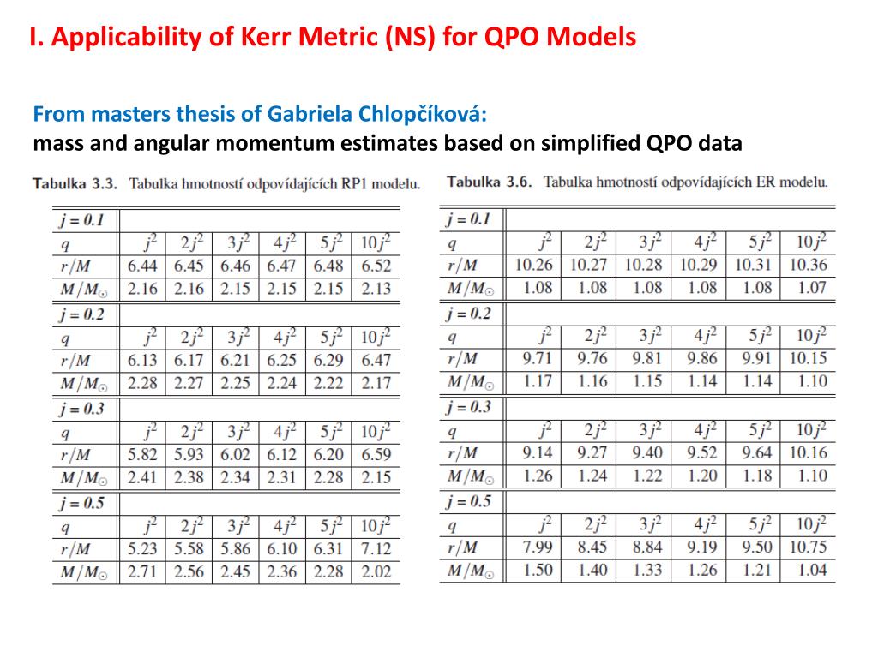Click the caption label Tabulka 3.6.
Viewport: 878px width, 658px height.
490,182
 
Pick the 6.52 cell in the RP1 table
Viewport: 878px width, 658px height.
376,266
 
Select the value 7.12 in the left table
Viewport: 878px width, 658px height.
376,549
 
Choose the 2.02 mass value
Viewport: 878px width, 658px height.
376,571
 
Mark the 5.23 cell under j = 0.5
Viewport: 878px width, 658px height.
142,549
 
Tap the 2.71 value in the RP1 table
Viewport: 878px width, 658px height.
142,571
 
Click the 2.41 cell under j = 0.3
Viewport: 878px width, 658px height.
142,477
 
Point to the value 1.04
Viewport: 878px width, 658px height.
812,570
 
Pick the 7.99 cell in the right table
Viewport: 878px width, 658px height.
537,547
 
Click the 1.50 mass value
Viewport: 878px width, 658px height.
537,570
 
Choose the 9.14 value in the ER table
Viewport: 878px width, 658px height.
537,452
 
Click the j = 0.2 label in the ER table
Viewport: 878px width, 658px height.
468,314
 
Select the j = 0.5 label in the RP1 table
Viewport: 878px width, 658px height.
81,503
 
